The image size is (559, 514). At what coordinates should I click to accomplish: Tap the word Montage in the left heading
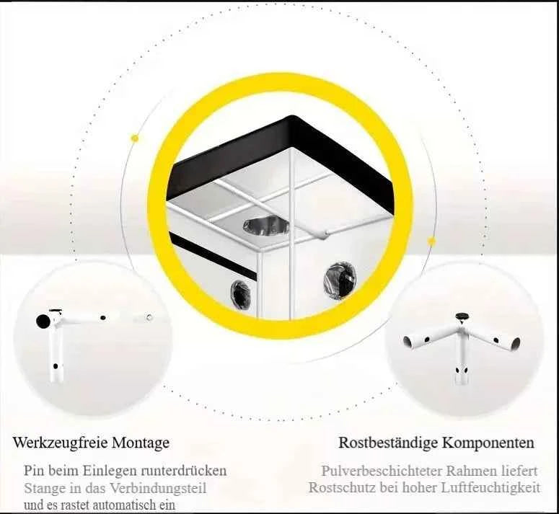point(141,443)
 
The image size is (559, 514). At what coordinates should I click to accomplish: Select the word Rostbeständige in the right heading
point(388,443)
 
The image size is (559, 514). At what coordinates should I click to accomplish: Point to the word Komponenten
point(488,443)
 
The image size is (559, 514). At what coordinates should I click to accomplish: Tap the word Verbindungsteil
point(158,488)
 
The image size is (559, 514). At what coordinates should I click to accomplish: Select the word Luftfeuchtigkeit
point(491,488)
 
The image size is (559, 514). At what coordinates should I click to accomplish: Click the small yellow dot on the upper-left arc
point(135,138)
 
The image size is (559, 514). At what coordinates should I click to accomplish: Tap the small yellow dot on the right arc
point(431,242)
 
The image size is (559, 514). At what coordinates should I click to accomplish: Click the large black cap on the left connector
point(44,321)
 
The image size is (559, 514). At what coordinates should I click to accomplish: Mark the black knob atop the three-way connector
point(462,316)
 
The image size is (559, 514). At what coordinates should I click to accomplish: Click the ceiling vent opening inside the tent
point(266,226)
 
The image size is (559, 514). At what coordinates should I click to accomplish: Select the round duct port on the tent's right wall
point(340,280)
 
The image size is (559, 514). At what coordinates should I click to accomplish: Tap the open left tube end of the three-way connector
point(408,341)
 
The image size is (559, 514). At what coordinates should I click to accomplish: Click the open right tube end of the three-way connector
point(516,344)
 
